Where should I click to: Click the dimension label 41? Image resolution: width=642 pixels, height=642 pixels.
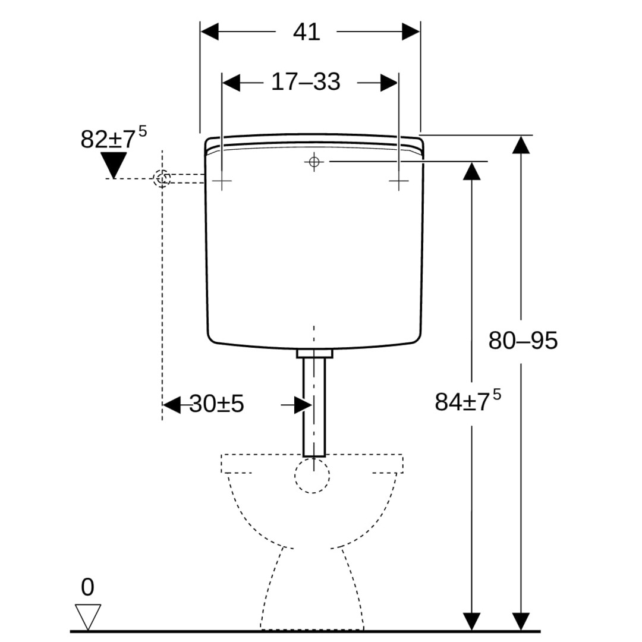click(307, 32)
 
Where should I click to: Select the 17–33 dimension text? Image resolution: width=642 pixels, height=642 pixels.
click(306, 82)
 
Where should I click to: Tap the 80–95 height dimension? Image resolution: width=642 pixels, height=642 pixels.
click(523, 341)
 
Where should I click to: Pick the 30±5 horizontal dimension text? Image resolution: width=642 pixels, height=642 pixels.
click(216, 404)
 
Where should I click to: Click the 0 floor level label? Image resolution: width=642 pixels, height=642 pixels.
click(87, 588)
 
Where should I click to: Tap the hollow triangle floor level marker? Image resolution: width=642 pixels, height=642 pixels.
click(88, 616)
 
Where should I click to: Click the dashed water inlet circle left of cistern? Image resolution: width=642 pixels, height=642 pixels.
click(162, 178)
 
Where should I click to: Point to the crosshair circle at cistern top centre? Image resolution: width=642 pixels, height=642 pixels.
click(314, 161)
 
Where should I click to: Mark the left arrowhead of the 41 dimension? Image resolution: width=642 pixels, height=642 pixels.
click(209, 32)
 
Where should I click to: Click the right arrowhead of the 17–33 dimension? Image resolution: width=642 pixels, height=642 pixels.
click(389, 83)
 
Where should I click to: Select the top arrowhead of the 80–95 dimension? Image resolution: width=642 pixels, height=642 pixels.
click(521, 145)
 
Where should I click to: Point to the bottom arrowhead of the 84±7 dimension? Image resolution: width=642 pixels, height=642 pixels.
click(471, 621)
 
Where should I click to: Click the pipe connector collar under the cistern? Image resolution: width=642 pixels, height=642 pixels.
click(314, 354)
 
